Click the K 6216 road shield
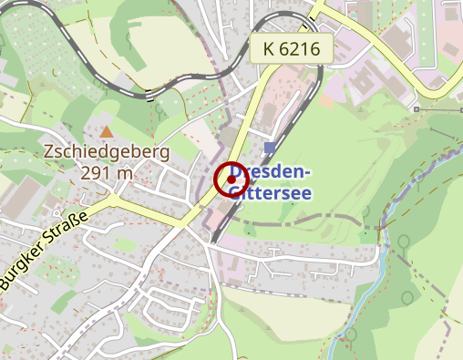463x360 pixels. (291, 49)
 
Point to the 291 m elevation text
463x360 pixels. (107, 172)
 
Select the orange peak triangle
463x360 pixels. (108, 132)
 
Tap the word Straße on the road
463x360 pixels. (72, 230)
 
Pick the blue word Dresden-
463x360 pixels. (272, 172)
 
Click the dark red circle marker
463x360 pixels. (231, 179)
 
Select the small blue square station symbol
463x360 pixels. (269, 147)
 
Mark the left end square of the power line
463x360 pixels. (416, 109)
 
